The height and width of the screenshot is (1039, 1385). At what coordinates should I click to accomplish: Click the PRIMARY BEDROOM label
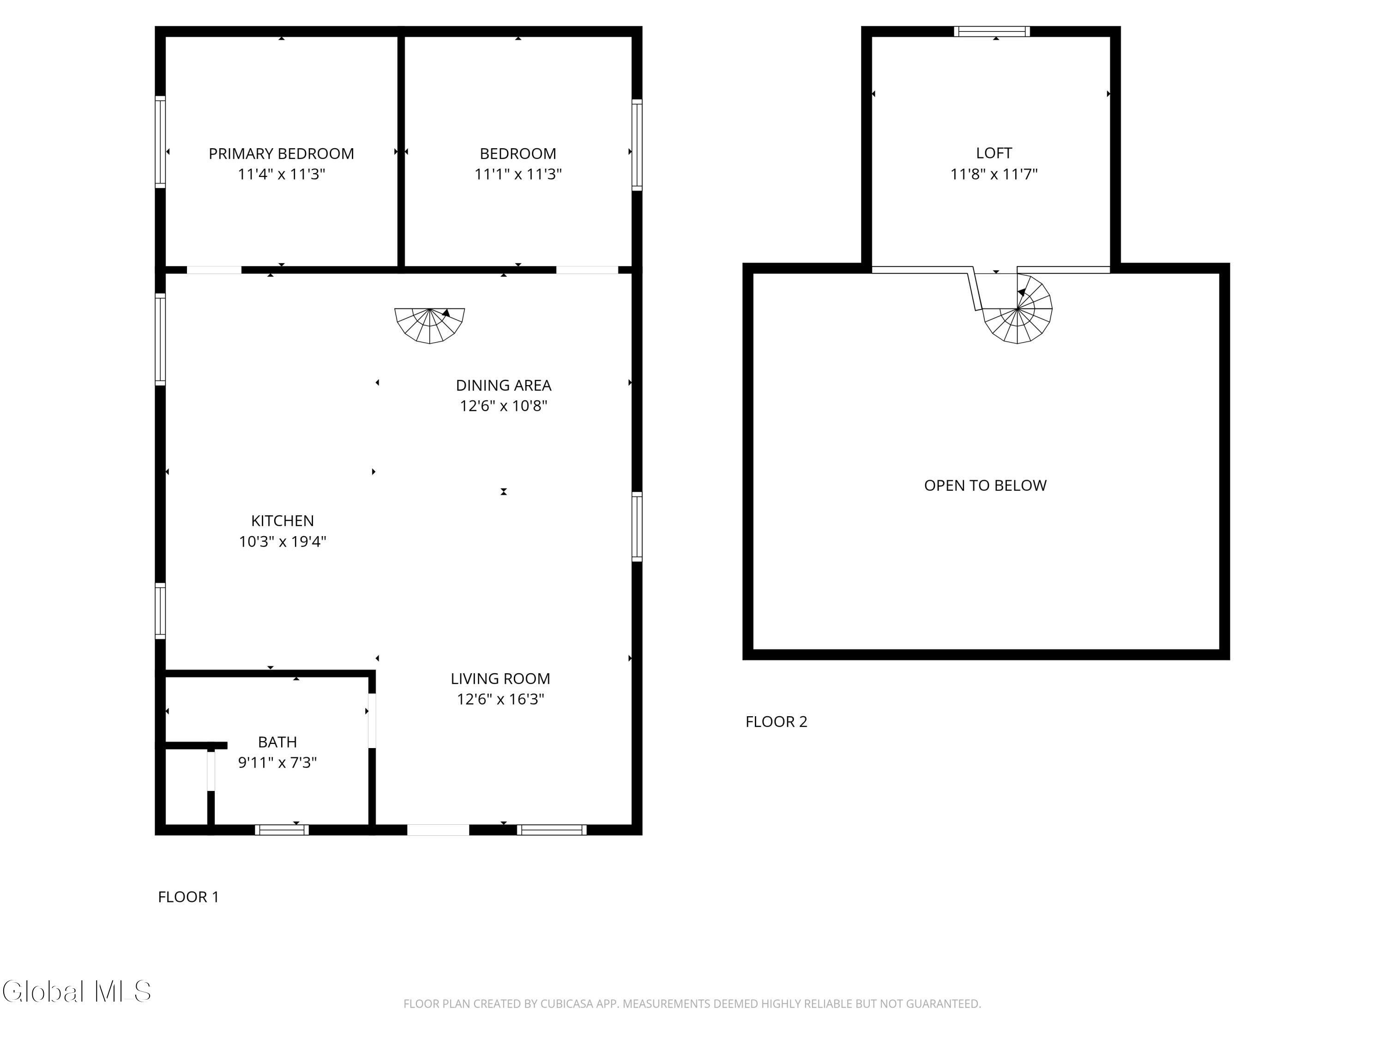point(281,153)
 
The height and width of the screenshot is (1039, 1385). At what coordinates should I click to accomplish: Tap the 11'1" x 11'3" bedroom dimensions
point(518,174)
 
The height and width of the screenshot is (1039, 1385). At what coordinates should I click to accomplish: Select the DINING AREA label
point(503,385)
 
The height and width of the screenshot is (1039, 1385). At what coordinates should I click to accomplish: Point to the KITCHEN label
point(283,520)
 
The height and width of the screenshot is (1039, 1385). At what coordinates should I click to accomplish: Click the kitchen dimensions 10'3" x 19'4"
point(283,541)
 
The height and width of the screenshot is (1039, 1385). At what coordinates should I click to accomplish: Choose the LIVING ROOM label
point(500,678)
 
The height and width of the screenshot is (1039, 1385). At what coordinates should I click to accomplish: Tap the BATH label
point(277,742)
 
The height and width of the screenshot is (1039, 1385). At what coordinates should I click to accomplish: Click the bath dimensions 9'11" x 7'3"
point(277,762)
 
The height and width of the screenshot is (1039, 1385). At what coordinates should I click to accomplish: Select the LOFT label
point(994,153)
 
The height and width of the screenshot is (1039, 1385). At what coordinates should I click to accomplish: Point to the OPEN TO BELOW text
point(985,485)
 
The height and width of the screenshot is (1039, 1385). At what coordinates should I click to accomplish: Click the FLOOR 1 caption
point(188,897)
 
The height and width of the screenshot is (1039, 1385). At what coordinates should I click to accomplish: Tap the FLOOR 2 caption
point(777,721)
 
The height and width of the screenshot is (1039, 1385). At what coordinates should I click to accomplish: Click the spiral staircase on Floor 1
point(429,325)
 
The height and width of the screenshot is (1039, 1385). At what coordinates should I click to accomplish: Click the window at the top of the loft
point(992,31)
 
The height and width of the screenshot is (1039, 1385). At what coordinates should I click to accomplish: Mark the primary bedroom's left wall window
point(160,142)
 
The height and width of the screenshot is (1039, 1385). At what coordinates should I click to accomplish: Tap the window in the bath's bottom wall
point(282,830)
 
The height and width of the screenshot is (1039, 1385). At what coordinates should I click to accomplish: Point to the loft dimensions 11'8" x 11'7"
point(994,174)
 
